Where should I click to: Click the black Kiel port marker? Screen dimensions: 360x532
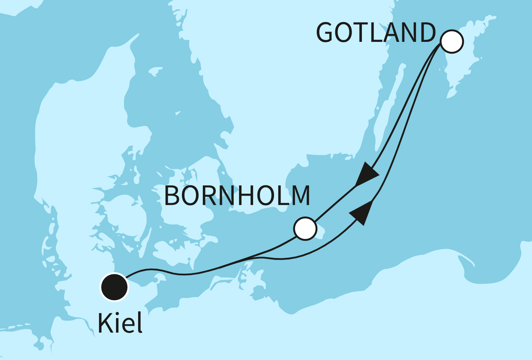(114, 287)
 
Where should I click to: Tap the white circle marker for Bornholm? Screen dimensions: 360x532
(305, 229)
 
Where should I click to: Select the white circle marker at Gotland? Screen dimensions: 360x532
(452, 41)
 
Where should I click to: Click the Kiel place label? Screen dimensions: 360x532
(120, 323)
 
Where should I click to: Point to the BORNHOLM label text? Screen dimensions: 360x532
(237, 196)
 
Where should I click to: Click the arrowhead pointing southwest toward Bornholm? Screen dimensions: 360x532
(366, 175)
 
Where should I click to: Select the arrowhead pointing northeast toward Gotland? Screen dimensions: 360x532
(362, 212)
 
